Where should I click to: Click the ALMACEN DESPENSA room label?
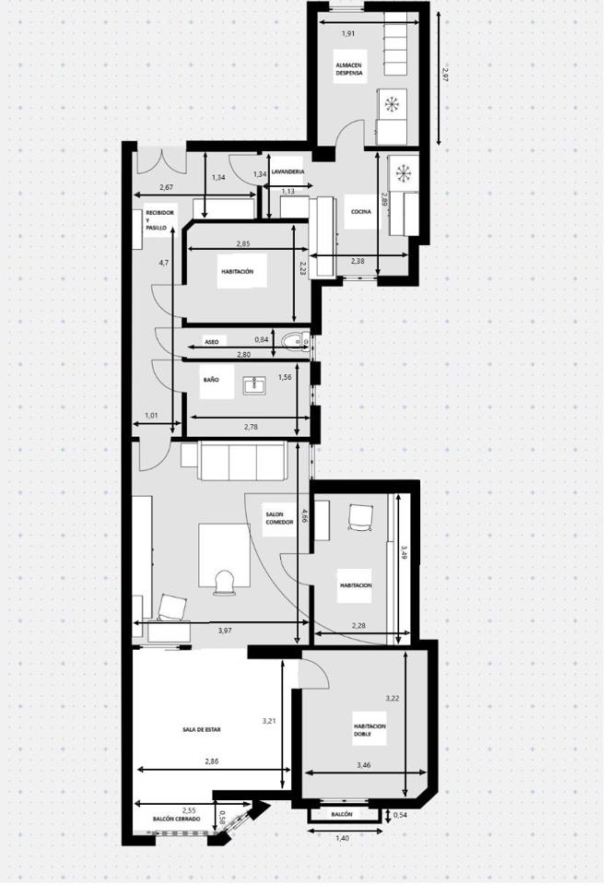pyautogui.click(x=348, y=69)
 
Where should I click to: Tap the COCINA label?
pyautogui.click(x=360, y=212)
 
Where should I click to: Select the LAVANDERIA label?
pyautogui.click(x=287, y=171)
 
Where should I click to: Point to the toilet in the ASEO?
pyautogui.click(x=292, y=341)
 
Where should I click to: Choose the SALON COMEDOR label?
pyautogui.click(x=279, y=518)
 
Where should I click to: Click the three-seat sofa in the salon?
pyautogui.click(x=240, y=461)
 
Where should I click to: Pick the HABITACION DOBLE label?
pyautogui.click(x=370, y=730)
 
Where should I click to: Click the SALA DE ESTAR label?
pyautogui.click(x=202, y=729)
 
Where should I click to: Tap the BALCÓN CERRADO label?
pyautogui.click(x=177, y=819)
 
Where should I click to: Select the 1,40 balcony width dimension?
pyautogui.click(x=343, y=838)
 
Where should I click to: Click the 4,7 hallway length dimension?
pyautogui.click(x=164, y=263)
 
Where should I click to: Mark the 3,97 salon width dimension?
pyautogui.click(x=225, y=631)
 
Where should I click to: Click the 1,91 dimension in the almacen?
pyautogui.click(x=348, y=33)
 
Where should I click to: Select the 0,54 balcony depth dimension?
pyautogui.click(x=400, y=815)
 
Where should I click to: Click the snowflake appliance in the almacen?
pyautogui.click(x=391, y=104)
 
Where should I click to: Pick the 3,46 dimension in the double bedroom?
pyautogui.click(x=364, y=765)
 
